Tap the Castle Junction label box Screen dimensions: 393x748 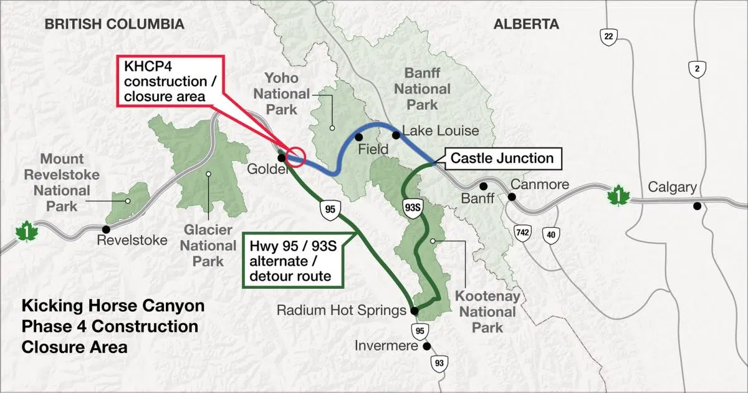click(502, 158)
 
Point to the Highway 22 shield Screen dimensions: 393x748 click(609, 37)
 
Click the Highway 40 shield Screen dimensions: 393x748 click(550, 235)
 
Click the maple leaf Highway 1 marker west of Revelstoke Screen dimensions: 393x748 click(26, 232)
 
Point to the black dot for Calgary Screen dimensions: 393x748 click(696, 206)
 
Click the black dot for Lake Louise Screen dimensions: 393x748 click(395, 135)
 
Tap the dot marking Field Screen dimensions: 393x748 click(358, 137)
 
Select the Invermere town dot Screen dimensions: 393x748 click(426, 346)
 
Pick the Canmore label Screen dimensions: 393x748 click(539, 185)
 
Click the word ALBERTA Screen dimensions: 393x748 click(526, 24)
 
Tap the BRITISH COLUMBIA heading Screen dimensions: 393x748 click(115, 24)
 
